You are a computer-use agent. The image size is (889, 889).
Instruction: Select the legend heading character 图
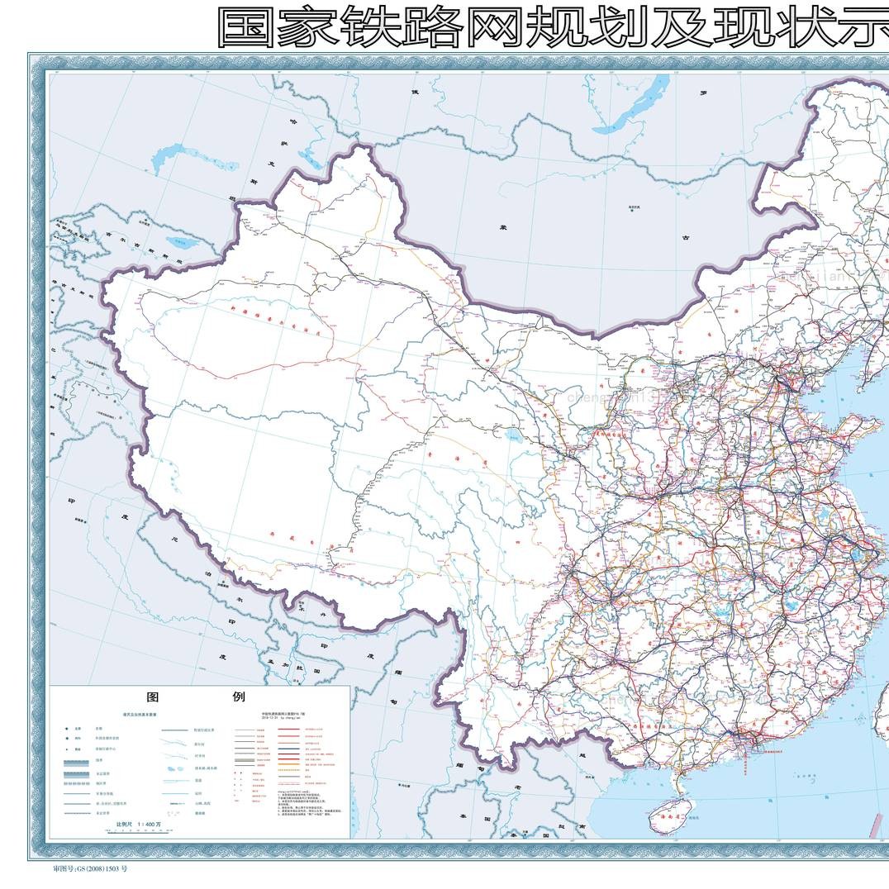153,696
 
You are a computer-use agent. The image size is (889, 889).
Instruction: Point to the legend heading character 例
239,696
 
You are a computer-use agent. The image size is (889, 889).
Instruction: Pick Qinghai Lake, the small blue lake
515,435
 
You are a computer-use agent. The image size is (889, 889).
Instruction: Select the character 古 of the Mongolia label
684,237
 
